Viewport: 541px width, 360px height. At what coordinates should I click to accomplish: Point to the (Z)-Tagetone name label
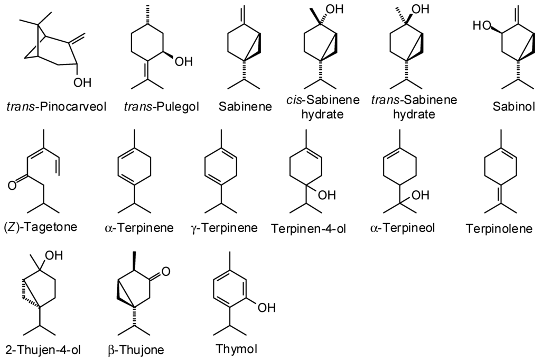coord(40,227)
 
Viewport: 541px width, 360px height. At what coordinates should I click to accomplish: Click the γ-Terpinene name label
coord(224,228)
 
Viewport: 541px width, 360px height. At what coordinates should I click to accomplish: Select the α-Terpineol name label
coord(404,228)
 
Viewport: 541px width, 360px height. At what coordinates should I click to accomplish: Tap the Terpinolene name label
coord(499,228)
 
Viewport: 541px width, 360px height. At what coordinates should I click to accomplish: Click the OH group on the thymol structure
coord(267,307)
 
